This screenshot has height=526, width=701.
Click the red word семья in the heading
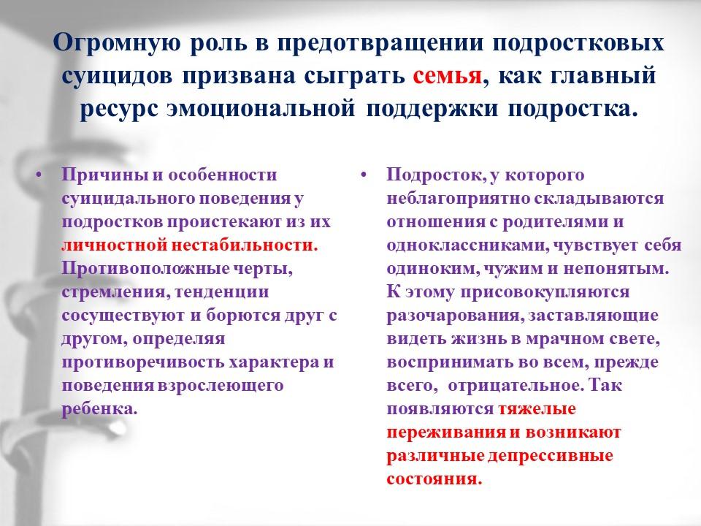[448, 76]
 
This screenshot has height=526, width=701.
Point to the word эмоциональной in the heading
[261, 109]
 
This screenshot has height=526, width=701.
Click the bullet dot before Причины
[39, 175]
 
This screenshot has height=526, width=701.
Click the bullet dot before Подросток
[364, 175]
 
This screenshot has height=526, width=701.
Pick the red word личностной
[114, 245]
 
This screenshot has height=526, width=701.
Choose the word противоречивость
[142, 362]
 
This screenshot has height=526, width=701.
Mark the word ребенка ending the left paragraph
[99, 409]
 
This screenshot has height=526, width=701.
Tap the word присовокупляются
[545, 292]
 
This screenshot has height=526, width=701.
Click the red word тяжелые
[537, 409]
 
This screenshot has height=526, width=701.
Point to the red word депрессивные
[550, 456]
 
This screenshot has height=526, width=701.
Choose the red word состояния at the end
[434, 479]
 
